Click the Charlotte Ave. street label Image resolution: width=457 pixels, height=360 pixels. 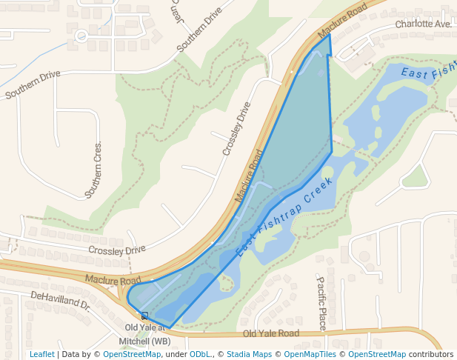pyautogui.click(x=423, y=24)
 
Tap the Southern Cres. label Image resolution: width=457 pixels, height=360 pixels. pyautogui.click(x=93, y=170)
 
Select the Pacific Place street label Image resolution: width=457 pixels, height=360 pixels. pyautogui.click(x=321, y=303)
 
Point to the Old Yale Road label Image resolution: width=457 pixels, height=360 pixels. pyautogui.click(x=270, y=334)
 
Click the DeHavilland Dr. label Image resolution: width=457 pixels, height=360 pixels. pyautogui.click(x=60, y=299)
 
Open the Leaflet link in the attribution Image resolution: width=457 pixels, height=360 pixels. pyautogui.click(x=42, y=354)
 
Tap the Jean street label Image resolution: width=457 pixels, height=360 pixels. pyautogui.click(x=176, y=10)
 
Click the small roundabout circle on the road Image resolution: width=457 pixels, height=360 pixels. pyautogui.click(x=81, y=35)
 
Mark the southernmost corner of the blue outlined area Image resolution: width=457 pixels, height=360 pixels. pyautogui.click(x=170, y=327)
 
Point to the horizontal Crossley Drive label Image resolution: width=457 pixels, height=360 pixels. pyautogui.click(x=117, y=250)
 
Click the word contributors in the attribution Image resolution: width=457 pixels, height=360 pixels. pyautogui.click(x=431, y=354)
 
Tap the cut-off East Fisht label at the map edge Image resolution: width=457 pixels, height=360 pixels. pyautogui.click(x=429, y=73)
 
